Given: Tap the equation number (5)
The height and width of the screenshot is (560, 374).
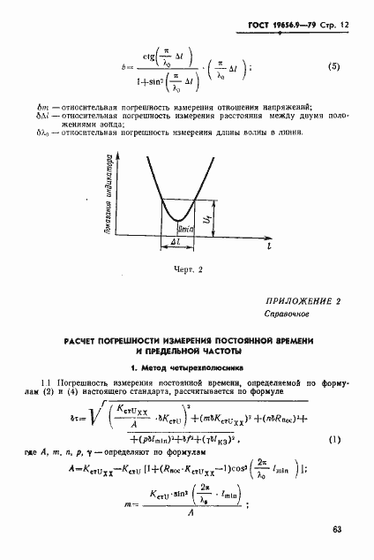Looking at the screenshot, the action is tap(333, 66).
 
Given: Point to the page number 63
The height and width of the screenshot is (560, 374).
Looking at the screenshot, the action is tap(337, 530).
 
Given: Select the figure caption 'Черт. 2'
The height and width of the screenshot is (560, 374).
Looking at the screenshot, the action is tap(186, 269).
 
